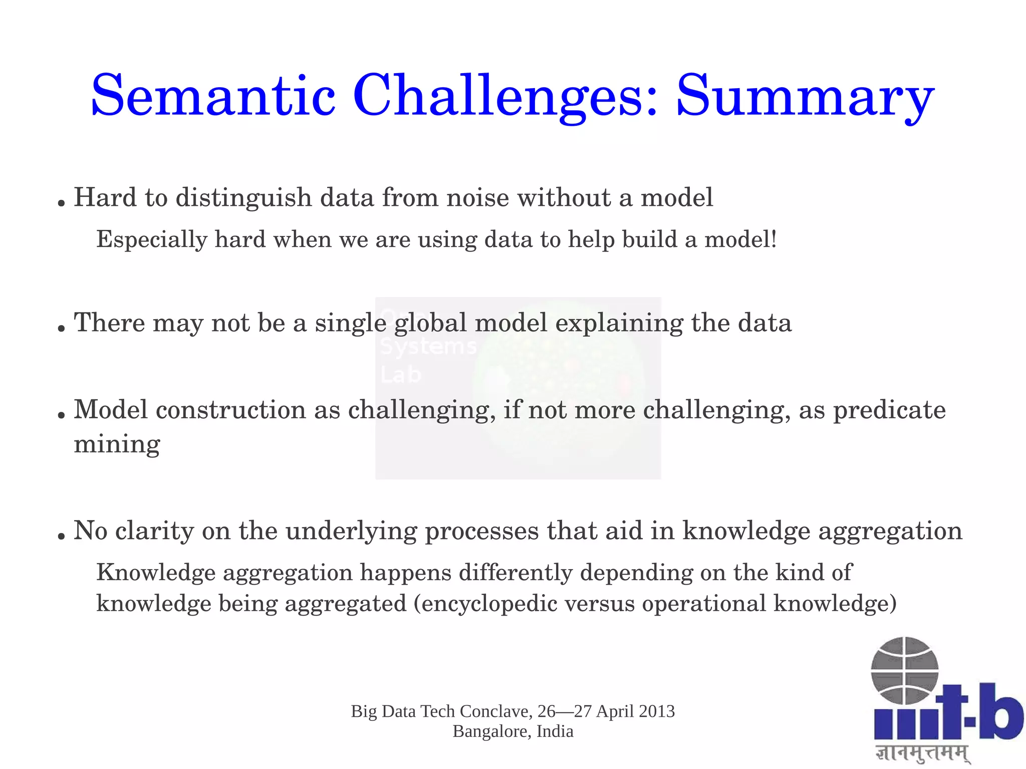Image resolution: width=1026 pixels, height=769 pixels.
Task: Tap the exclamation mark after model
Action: tap(774, 239)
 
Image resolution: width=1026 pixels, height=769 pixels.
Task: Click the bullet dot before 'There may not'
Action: tap(62, 329)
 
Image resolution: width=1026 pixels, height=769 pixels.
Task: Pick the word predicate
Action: tap(889, 410)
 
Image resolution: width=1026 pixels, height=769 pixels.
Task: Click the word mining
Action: tap(117, 444)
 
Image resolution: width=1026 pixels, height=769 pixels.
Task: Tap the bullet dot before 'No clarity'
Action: tap(62, 537)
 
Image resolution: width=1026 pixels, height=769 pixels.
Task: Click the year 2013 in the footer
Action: tap(657, 711)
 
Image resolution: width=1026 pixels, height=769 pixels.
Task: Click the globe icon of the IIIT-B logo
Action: tap(904, 670)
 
